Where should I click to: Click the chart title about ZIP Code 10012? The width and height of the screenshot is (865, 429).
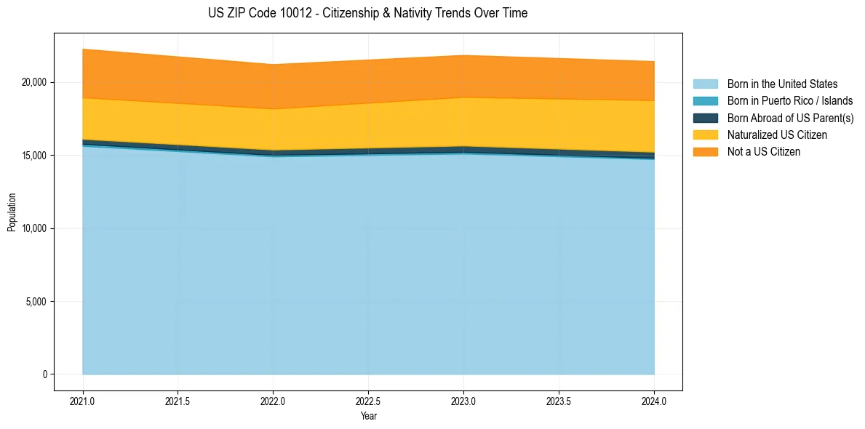[x=367, y=13]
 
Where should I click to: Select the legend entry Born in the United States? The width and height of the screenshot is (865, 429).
[x=782, y=84]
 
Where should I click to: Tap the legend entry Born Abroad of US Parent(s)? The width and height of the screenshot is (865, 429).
[x=790, y=118]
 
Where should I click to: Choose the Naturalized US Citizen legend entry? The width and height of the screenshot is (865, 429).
[x=777, y=135]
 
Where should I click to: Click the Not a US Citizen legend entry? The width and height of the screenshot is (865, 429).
[x=763, y=152]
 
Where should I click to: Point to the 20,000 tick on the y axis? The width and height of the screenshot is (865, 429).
[x=33, y=82]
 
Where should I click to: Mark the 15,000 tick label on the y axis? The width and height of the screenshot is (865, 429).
[x=33, y=156]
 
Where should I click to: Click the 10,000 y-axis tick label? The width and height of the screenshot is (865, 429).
[x=33, y=228]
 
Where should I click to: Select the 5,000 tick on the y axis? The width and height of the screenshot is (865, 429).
[x=36, y=302]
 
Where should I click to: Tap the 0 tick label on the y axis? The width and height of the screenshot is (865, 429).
[x=44, y=374]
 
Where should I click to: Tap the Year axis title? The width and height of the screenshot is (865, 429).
[x=368, y=417]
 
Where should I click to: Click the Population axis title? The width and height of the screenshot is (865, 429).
[x=12, y=212]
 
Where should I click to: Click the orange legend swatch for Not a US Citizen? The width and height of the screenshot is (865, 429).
[x=705, y=152]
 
